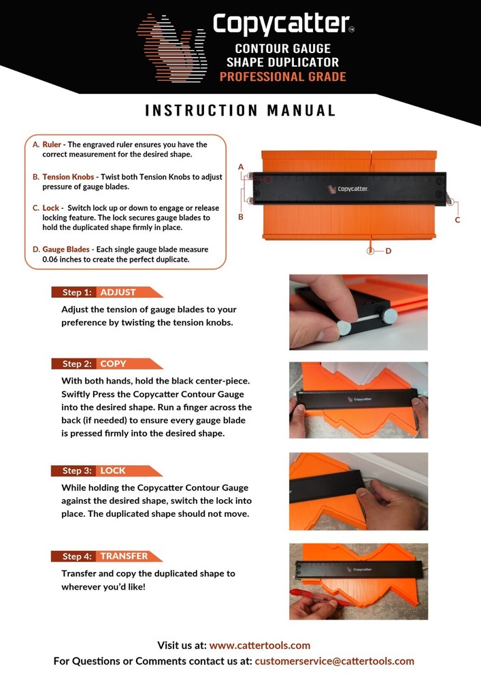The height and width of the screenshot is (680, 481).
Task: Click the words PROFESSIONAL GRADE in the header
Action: point(282,76)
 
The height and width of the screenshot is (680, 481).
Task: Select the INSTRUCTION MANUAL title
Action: point(240,111)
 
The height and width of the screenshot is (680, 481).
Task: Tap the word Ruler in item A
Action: point(52,145)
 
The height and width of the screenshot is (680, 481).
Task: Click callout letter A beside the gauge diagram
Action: point(241,167)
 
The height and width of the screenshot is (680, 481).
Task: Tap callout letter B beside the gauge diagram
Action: point(241,217)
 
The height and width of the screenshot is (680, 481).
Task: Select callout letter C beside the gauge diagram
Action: point(457,220)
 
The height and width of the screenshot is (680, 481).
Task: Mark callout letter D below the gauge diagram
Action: point(388,251)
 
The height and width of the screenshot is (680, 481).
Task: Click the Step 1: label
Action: point(76,292)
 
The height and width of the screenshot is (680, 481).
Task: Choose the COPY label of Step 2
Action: point(114,364)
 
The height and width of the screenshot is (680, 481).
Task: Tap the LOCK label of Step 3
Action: point(114,471)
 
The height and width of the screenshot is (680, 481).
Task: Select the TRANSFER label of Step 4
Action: point(124,556)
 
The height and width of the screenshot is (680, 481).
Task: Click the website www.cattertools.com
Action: point(260,645)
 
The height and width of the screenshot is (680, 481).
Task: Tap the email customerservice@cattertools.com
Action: point(334,661)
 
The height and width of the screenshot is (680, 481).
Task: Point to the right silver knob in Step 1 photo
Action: point(390,316)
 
